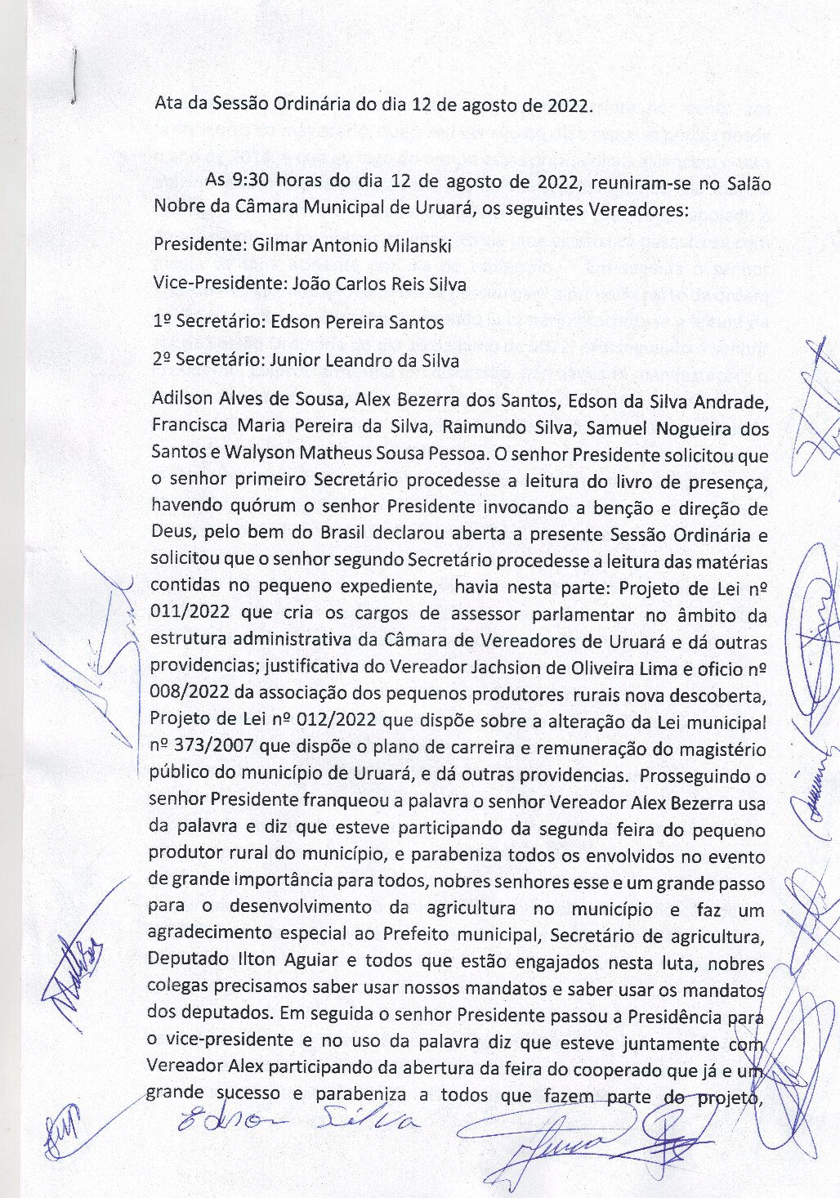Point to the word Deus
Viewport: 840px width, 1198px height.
coord(171,534)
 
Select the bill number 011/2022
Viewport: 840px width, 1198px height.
coord(189,614)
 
